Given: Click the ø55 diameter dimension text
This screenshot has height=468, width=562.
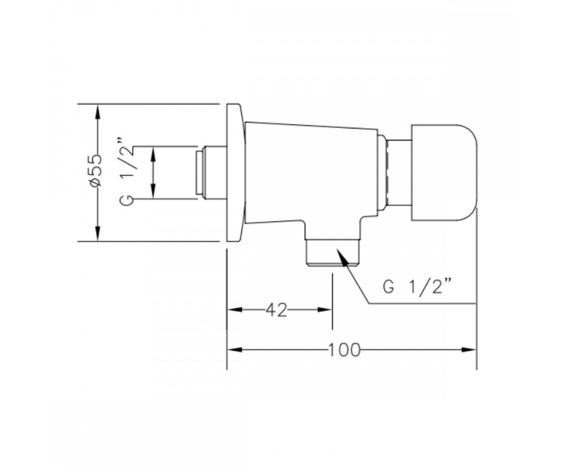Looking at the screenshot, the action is click(96, 170).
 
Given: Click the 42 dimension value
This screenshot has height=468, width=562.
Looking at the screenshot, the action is click(277, 310).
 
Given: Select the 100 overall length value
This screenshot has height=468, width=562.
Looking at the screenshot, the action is click(344, 350).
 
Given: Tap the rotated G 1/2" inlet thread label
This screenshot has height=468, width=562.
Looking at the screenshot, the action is click(126, 172).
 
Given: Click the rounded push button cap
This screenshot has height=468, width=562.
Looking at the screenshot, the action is click(444, 173).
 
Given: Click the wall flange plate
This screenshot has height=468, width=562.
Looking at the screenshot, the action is click(236, 172).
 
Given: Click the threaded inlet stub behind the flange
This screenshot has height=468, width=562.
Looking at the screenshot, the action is click(211, 173).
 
